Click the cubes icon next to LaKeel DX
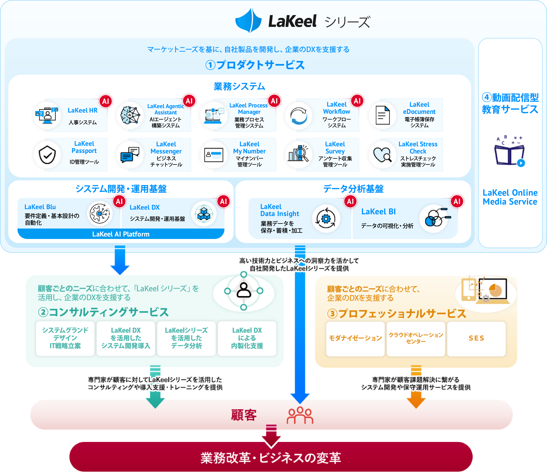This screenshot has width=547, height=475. [204, 214]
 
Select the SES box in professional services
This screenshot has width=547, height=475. [476, 339]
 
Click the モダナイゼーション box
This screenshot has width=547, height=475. [355, 339]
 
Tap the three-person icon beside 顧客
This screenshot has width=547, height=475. [300, 415]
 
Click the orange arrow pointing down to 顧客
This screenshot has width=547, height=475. [416, 400]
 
